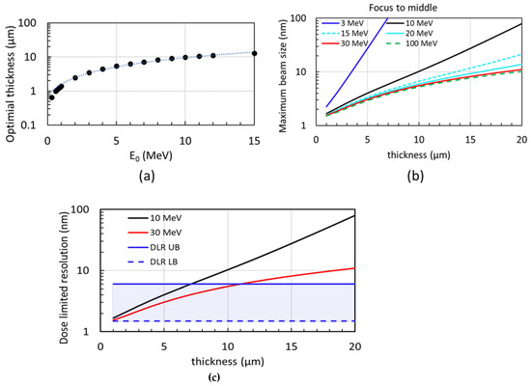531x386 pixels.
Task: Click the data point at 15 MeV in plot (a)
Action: (x=254, y=53)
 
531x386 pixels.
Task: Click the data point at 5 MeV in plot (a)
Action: (x=116, y=67)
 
